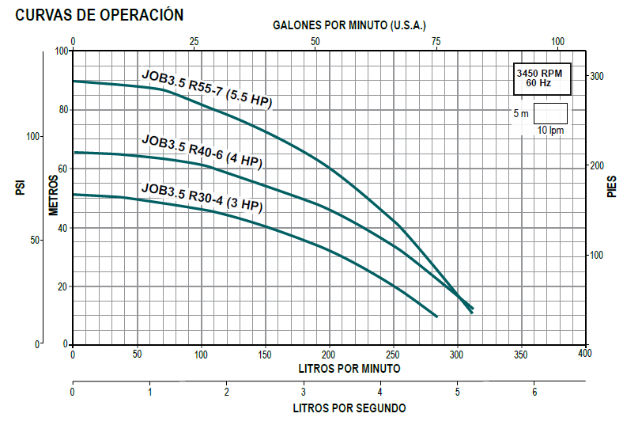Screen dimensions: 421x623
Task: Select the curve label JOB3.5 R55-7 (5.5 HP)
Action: pos(206,89)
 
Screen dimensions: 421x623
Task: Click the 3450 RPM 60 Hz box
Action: pos(540,77)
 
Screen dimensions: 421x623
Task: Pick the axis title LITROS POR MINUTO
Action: pos(349,369)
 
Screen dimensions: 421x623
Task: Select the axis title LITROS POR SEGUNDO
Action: pos(349,408)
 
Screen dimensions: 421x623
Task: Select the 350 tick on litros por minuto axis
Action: pos(521,355)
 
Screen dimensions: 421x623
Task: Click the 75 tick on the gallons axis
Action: pos(436,41)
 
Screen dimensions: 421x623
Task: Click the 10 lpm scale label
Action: pos(551,130)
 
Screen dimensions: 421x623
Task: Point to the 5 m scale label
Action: pos(521,113)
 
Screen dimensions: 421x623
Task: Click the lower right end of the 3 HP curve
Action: pos(436,317)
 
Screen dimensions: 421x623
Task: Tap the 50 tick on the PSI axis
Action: pos(35,240)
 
